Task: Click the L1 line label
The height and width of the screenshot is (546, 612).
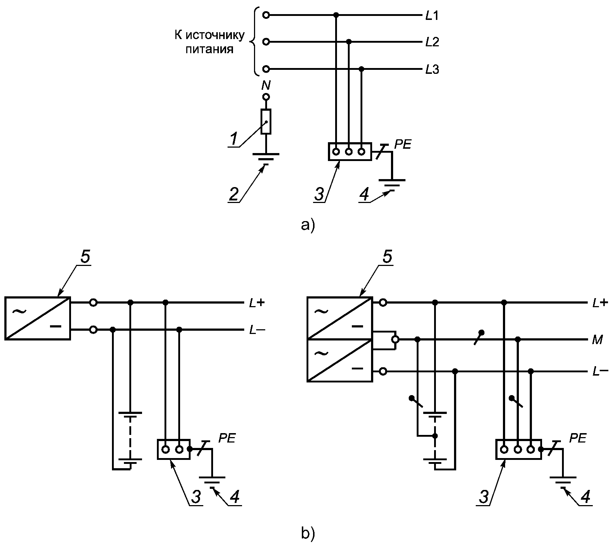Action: (x=432, y=16)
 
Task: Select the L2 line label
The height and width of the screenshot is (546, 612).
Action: (x=432, y=42)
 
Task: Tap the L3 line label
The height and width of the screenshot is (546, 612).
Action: (x=432, y=69)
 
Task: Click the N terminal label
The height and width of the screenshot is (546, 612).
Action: (x=266, y=85)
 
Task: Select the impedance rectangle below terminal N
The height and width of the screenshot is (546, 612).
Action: (x=266, y=122)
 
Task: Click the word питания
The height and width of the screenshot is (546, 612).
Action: (x=209, y=49)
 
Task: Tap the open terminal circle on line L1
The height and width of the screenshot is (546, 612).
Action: (x=266, y=15)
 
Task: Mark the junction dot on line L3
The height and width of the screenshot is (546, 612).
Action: (x=361, y=69)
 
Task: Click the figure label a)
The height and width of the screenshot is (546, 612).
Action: (x=308, y=225)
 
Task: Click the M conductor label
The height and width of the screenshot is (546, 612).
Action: (x=598, y=340)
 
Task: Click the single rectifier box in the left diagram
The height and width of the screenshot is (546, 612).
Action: (x=38, y=318)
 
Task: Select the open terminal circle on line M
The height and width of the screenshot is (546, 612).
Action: (x=395, y=340)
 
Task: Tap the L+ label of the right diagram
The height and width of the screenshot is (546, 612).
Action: (x=600, y=303)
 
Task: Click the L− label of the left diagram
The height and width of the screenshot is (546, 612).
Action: (x=257, y=330)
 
